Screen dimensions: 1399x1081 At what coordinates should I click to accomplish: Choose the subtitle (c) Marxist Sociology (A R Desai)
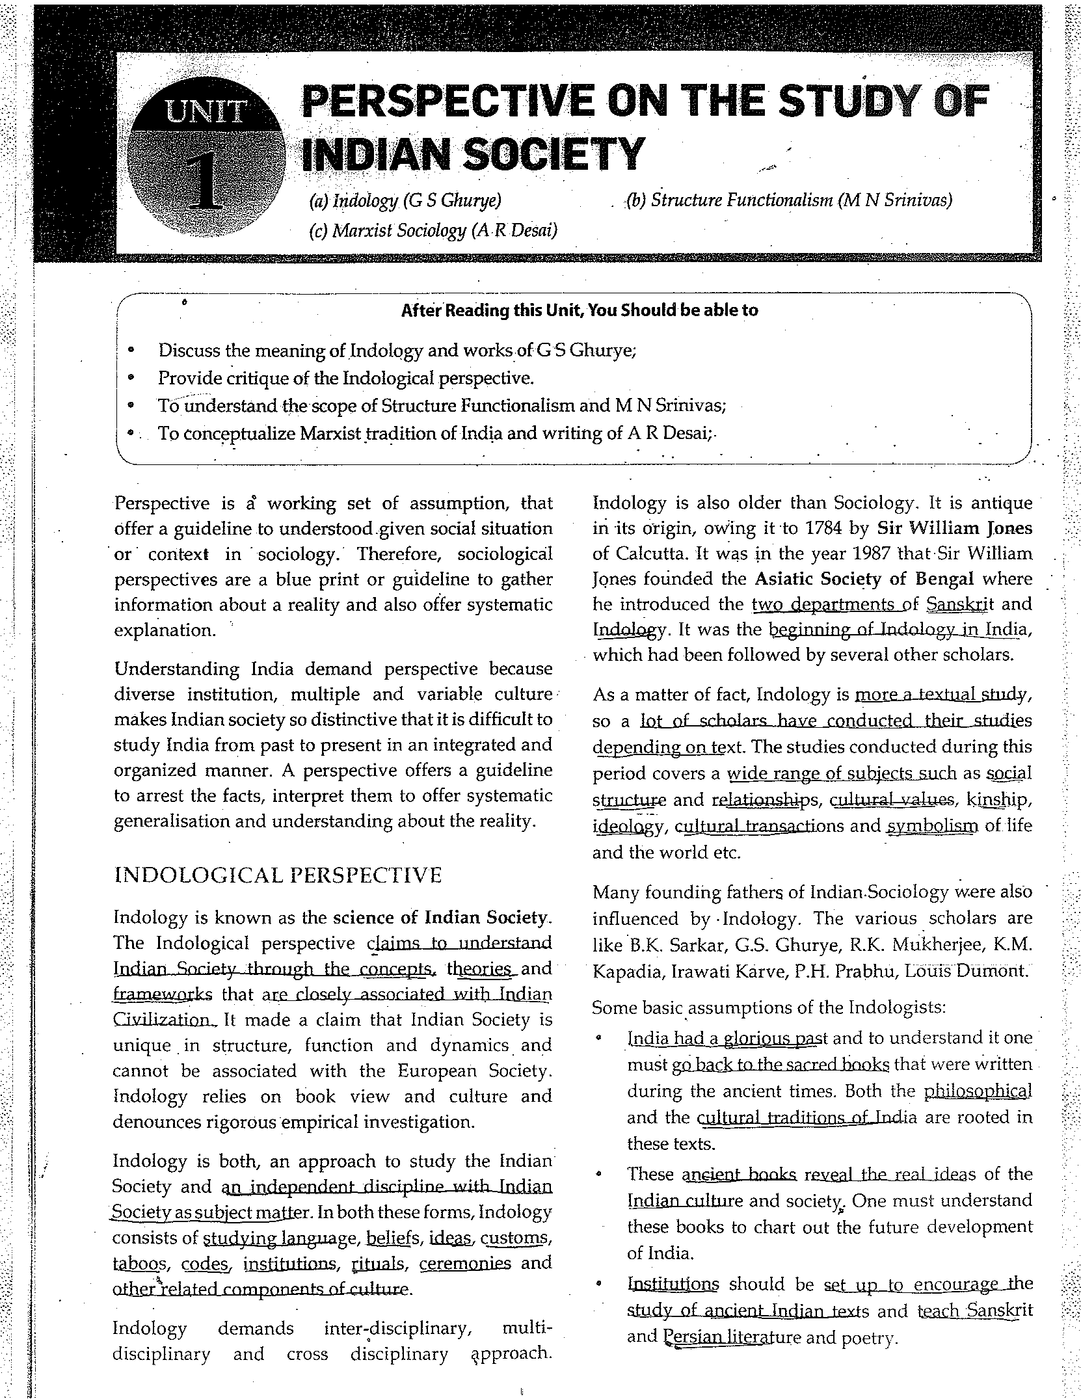(433, 230)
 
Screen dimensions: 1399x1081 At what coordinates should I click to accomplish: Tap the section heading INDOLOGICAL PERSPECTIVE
(278, 875)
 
